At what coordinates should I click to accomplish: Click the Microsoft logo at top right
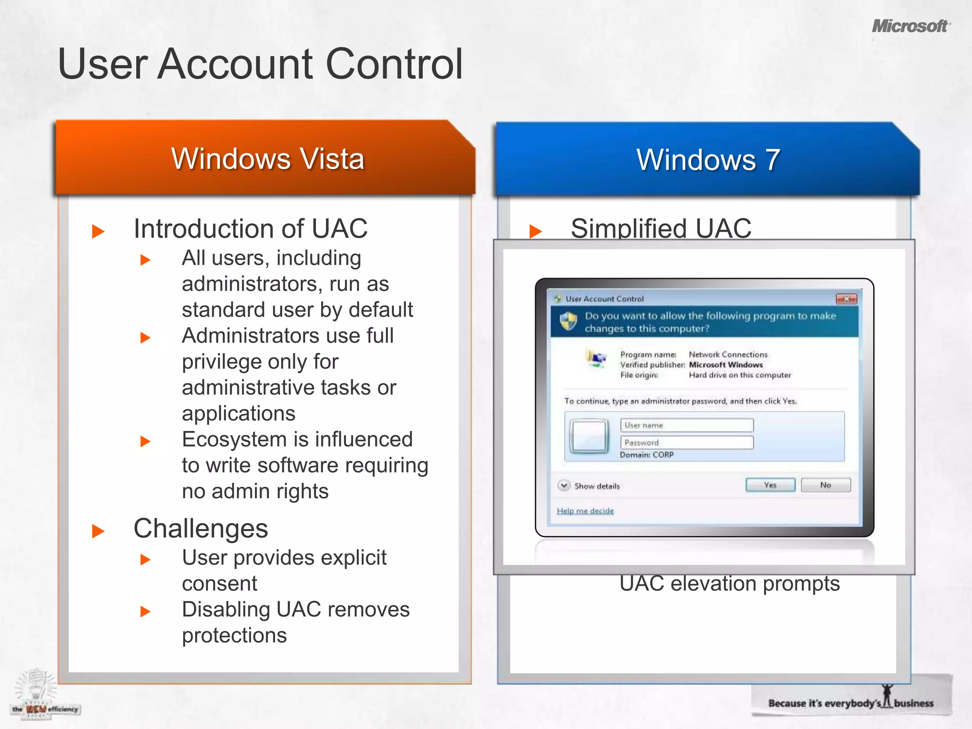[x=910, y=26]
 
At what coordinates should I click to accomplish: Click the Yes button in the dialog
[x=770, y=485]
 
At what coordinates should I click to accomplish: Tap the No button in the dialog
[x=825, y=485]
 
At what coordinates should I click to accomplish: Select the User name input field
[x=686, y=425]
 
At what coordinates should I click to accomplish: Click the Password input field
[x=686, y=442]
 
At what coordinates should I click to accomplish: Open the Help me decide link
[x=585, y=511]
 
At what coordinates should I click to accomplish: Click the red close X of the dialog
[x=846, y=299]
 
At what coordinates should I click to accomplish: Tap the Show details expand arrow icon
[x=564, y=486]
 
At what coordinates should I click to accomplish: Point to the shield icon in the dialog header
[x=568, y=322]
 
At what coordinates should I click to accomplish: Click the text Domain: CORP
[x=646, y=455]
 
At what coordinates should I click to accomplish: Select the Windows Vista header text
[x=268, y=159]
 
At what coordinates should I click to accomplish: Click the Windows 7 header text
[x=708, y=159]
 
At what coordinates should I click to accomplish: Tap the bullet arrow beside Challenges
[x=98, y=531]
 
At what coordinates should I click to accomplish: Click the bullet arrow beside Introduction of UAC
[x=98, y=231]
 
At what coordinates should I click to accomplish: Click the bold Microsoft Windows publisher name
[x=726, y=364]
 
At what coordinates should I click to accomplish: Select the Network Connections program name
[x=728, y=355]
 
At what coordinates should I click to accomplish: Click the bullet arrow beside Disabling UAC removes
[x=145, y=611]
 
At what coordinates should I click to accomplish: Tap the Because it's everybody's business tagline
[x=850, y=703]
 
